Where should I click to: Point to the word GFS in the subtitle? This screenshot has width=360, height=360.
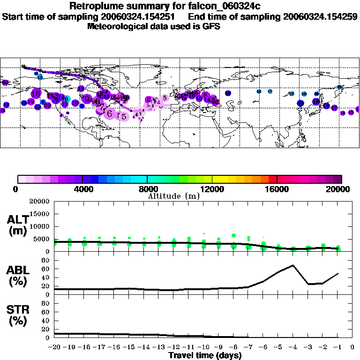pyautogui.click(x=211, y=26)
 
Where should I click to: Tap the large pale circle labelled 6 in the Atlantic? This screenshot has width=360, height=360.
pyautogui.click(x=110, y=113)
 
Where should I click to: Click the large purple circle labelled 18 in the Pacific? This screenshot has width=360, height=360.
pyautogui.click(x=36, y=93)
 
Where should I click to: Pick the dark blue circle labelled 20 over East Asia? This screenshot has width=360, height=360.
pyautogui.click(x=300, y=103)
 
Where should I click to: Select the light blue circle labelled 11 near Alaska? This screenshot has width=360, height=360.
pyautogui.click(x=40, y=77)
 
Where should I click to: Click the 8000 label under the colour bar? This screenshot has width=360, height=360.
pyautogui.click(x=147, y=189)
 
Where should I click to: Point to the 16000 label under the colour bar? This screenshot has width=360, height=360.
pyautogui.click(x=277, y=189)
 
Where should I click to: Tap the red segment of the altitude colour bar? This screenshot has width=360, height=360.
pyautogui.click(x=272, y=179)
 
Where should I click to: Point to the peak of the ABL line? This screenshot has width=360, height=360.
pyautogui.click(x=293, y=265)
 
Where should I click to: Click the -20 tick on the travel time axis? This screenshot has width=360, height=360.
pyautogui.click(x=54, y=347)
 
